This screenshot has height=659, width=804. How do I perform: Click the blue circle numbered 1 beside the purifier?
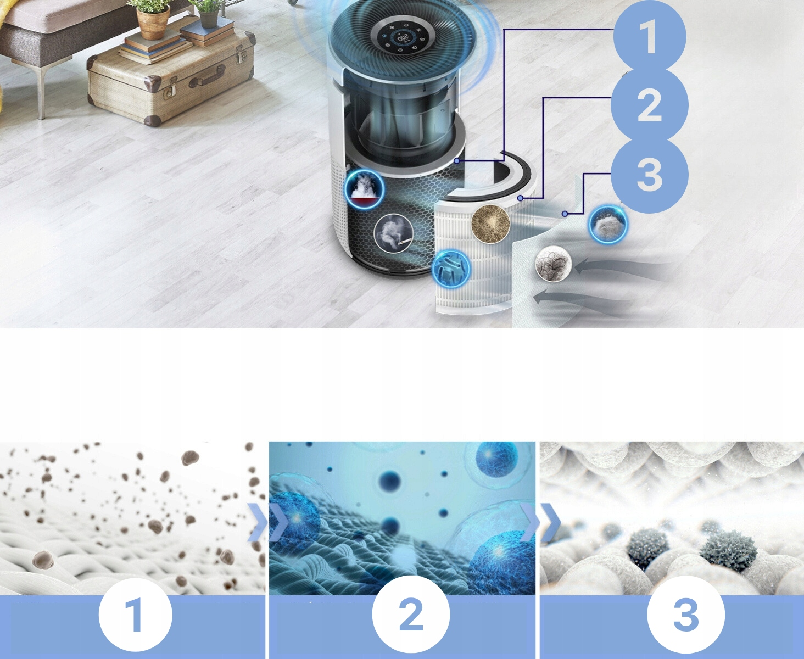click(650, 37)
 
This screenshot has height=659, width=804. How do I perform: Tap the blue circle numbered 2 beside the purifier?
click(650, 105)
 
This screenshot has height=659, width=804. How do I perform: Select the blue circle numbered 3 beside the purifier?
click(650, 175)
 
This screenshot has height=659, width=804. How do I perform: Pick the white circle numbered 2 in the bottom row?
click(411, 615)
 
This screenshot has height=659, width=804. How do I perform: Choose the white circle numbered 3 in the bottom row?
click(686, 615)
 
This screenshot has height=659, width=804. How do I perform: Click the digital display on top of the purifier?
click(403, 38)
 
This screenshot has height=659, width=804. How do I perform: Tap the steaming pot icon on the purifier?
click(365, 189)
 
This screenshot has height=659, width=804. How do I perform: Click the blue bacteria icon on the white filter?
click(451, 269)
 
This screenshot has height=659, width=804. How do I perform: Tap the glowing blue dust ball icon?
click(608, 224)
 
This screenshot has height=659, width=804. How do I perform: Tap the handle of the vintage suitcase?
click(206, 78)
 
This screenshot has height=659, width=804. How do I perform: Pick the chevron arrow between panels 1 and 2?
click(267, 522)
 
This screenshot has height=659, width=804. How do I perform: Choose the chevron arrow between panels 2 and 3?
click(540, 522)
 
